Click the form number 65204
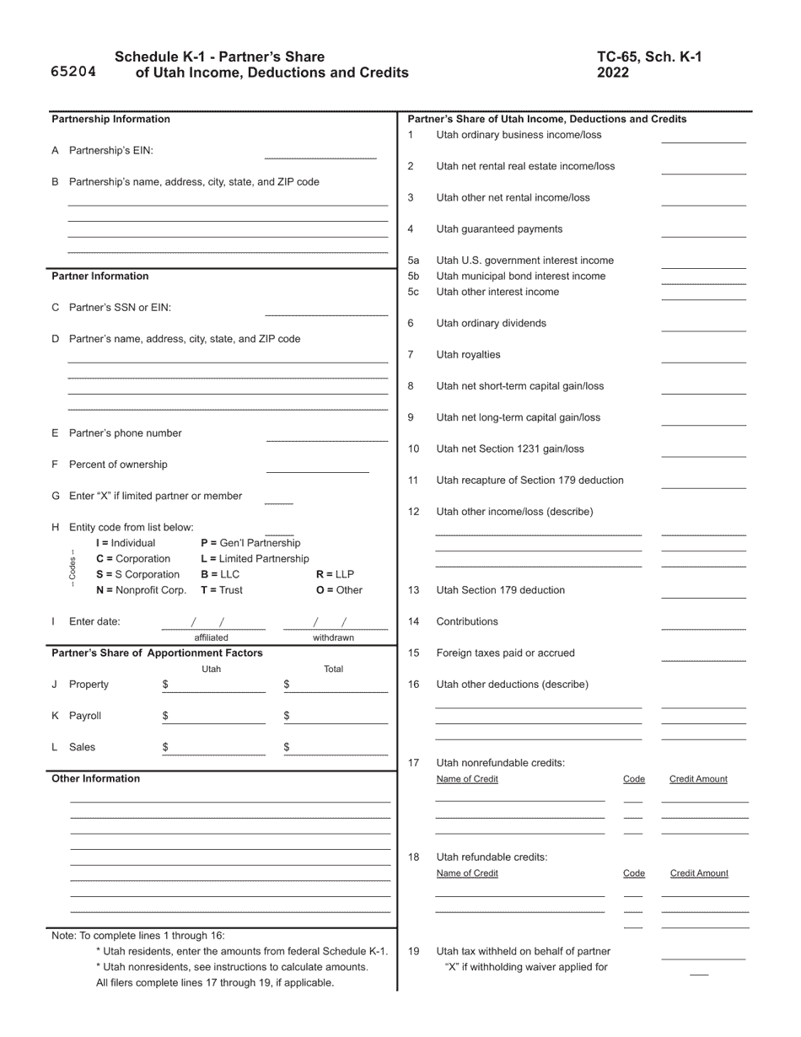(x=73, y=72)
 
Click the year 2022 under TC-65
(x=613, y=73)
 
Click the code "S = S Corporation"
(x=137, y=574)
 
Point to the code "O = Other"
(x=339, y=590)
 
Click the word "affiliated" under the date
(x=211, y=637)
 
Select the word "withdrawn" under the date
(x=333, y=637)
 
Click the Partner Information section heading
(x=100, y=277)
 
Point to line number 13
(x=413, y=590)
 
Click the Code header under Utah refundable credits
(x=633, y=873)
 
